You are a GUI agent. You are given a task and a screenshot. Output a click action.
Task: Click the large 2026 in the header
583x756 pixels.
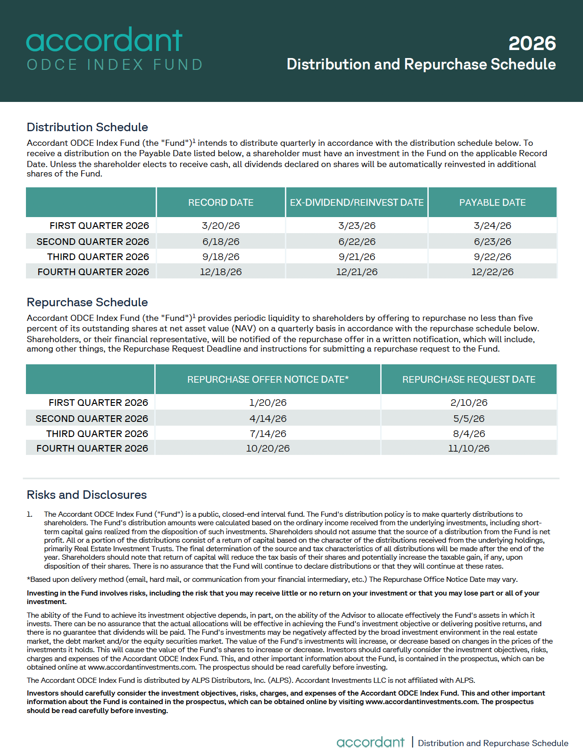(532, 43)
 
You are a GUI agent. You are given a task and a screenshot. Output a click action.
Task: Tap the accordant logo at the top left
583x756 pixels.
(104, 40)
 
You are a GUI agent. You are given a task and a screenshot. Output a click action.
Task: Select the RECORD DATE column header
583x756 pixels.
(221, 202)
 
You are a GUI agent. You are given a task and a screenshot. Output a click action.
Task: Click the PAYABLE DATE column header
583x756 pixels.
(492, 202)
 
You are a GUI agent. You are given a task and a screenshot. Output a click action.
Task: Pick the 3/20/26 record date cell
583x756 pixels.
(221, 226)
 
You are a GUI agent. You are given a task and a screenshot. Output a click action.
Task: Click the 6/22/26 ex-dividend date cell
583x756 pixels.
(357, 242)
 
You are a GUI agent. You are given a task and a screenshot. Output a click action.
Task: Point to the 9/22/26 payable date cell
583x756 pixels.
(492, 257)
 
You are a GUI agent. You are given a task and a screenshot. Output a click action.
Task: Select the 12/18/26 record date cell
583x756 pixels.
(221, 272)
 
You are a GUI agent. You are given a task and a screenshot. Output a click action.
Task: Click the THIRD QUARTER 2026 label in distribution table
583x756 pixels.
(98, 257)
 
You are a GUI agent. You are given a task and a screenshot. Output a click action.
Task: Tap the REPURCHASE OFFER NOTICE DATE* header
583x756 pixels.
(267, 379)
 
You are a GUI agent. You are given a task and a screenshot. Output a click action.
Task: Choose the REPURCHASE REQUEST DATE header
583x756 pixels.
(469, 379)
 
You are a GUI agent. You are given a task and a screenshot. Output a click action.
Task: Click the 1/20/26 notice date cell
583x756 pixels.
(267, 403)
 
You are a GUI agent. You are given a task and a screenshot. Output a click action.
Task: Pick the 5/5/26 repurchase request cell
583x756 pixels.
(469, 419)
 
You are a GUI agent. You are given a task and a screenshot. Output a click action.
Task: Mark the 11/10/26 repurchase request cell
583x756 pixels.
(469, 448)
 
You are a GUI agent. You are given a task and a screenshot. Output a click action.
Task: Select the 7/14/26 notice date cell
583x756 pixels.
(267, 434)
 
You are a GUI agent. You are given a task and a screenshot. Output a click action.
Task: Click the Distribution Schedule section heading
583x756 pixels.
(87, 127)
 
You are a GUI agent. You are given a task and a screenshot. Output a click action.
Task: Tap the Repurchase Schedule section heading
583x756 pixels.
(87, 302)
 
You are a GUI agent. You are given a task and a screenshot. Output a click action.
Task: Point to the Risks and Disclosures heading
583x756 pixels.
(87, 495)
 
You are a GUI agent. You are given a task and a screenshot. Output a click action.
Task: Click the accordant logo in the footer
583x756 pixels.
(370, 742)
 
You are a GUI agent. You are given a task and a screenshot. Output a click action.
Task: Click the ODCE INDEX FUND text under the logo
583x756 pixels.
(115, 65)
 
